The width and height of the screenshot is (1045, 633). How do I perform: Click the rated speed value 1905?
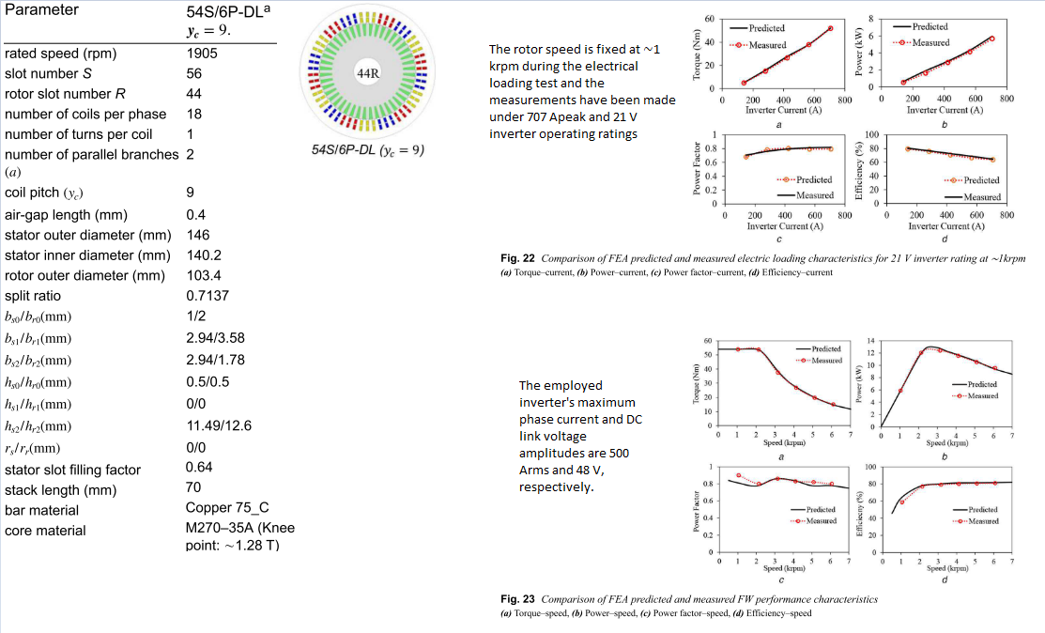point(202,53)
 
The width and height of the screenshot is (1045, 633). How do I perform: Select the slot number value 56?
point(194,73)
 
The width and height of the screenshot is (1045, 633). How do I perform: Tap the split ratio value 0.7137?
point(207,296)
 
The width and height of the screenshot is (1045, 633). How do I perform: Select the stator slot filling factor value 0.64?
point(200,468)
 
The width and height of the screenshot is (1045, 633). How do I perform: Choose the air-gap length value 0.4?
point(196,215)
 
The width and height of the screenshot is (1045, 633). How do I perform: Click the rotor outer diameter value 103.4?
point(204,275)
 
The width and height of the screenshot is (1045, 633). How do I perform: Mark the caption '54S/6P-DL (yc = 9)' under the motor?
point(368,149)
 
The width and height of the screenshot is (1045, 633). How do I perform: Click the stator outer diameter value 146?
point(198,235)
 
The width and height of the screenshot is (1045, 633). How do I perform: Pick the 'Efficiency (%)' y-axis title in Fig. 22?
point(859,170)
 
